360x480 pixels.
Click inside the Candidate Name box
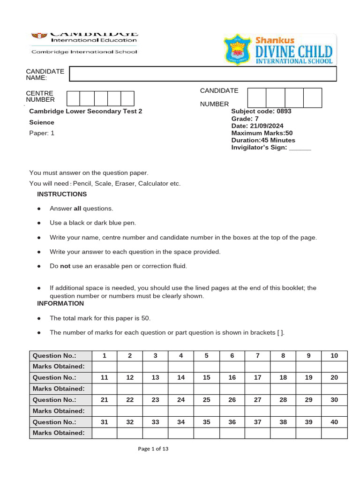(203, 74)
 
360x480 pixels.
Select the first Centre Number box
(73, 98)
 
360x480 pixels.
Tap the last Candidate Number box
(313, 97)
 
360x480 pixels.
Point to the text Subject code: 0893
(261, 112)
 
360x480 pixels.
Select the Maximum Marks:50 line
(262, 133)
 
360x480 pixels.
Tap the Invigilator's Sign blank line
(300, 148)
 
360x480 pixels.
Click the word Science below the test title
(42, 122)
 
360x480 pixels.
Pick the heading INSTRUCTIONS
(62, 194)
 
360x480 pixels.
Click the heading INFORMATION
(60, 303)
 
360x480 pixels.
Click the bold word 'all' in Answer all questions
(78, 209)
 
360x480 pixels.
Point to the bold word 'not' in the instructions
(65, 266)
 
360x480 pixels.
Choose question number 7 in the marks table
(257, 356)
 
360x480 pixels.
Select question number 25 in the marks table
(206, 400)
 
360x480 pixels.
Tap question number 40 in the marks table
(334, 422)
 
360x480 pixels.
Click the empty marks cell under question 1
(105, 367)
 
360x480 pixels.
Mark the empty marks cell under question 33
(156, 433)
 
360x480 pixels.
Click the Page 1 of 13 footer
(153, 449)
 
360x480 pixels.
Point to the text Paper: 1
(42, 133)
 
